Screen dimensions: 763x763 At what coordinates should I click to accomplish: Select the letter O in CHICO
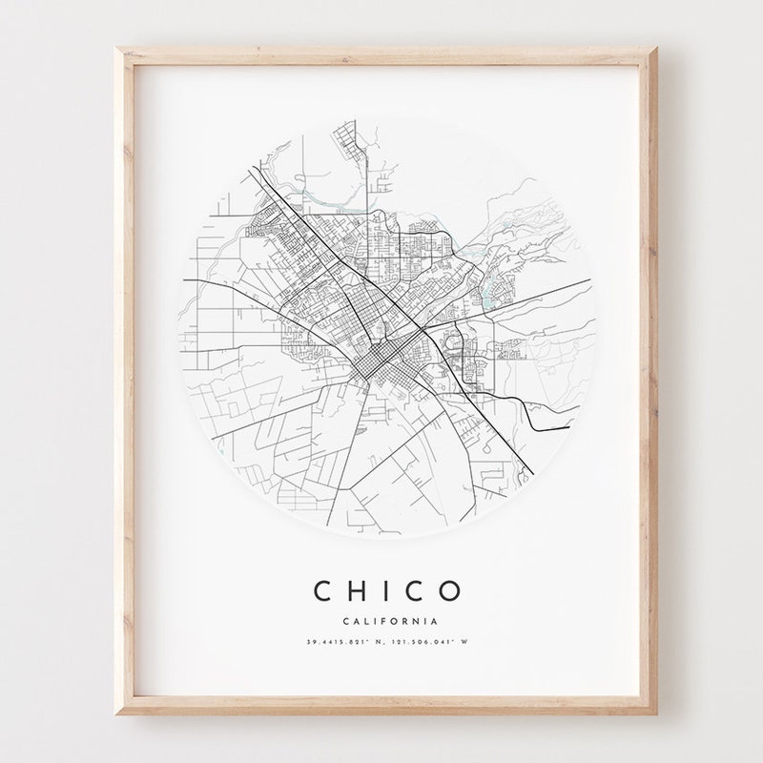pyautogui.click(x=450, y=591)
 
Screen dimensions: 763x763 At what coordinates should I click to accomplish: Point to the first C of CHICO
pyautogui.click(x=322, y=591)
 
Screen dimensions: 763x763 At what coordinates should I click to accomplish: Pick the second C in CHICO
pyautogui.click(x=417, y=591)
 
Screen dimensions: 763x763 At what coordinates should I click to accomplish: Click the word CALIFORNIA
pyautogui.click(x=386, y=622)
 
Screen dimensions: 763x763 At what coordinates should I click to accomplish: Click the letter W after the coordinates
pyautogui.click(x=464, y=642)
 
